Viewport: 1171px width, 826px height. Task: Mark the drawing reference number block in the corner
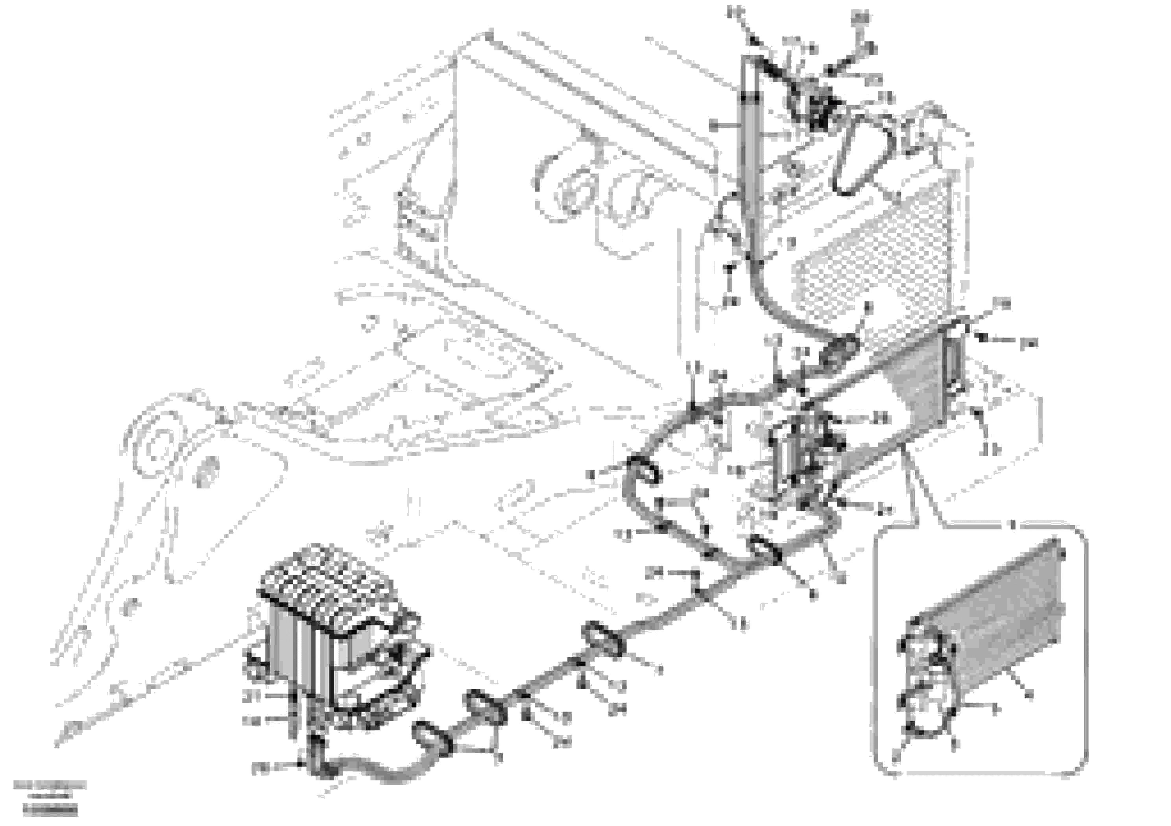coord(50,801)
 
